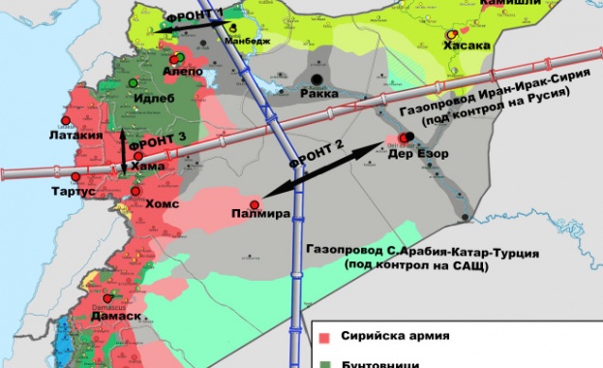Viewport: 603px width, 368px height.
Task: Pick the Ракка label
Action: [x=318, y=98]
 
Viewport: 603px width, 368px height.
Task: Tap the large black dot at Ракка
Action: [x=317, y=79]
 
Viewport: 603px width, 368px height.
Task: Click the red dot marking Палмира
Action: [x=254, y=204]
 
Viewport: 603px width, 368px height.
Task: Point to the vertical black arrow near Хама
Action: [x=123, y=151]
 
